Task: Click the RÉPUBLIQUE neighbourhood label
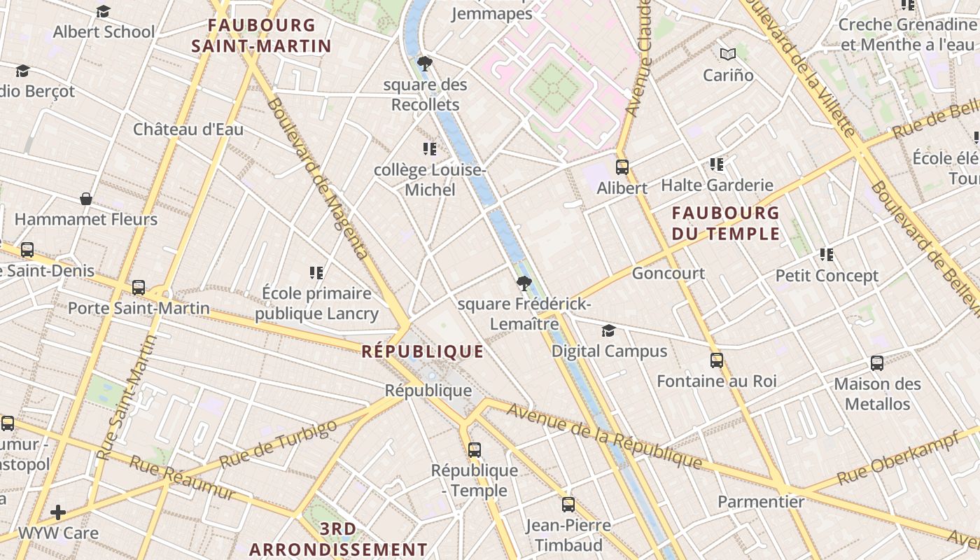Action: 422,351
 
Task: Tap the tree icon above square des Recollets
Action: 424,64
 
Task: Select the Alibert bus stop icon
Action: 622,167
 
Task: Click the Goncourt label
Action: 668,273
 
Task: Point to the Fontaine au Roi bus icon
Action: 716,360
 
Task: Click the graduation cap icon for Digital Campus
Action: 609,330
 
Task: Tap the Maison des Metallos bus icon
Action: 876,363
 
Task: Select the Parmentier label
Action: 761,501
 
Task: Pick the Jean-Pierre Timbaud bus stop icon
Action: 568,504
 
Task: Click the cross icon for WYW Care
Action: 58,512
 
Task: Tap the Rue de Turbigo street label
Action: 279,446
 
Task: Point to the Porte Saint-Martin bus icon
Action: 139,287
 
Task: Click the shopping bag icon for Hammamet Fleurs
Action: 86,199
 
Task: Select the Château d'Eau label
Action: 188,129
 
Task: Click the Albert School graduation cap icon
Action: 103,12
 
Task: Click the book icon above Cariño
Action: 728,54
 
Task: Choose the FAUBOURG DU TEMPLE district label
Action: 725,223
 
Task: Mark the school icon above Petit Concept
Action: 827,255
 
